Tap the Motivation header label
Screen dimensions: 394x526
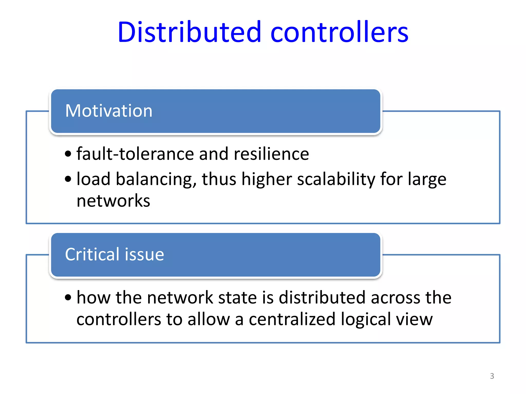pyautogui.click(x=109, y=111)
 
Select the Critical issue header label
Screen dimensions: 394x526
pyautogui.click(x=115, y=254)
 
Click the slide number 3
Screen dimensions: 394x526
pyautogui.click(x=492, y=376)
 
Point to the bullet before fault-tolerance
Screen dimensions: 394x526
pyautogui.click(x=68, y=154)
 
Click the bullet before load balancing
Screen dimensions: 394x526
pyautogui.click(x=68, y=179)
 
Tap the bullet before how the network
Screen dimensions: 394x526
pyautogui.click(x=68, y=297)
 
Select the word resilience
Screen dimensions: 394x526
pyautogui.click(x=271, y=154)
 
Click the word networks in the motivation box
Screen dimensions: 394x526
pyautogui.click(x=113, y=201)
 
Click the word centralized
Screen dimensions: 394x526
pyautogui.click(x=292, y=319)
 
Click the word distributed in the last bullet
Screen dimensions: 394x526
pyautogui.click(x=322, y=298)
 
